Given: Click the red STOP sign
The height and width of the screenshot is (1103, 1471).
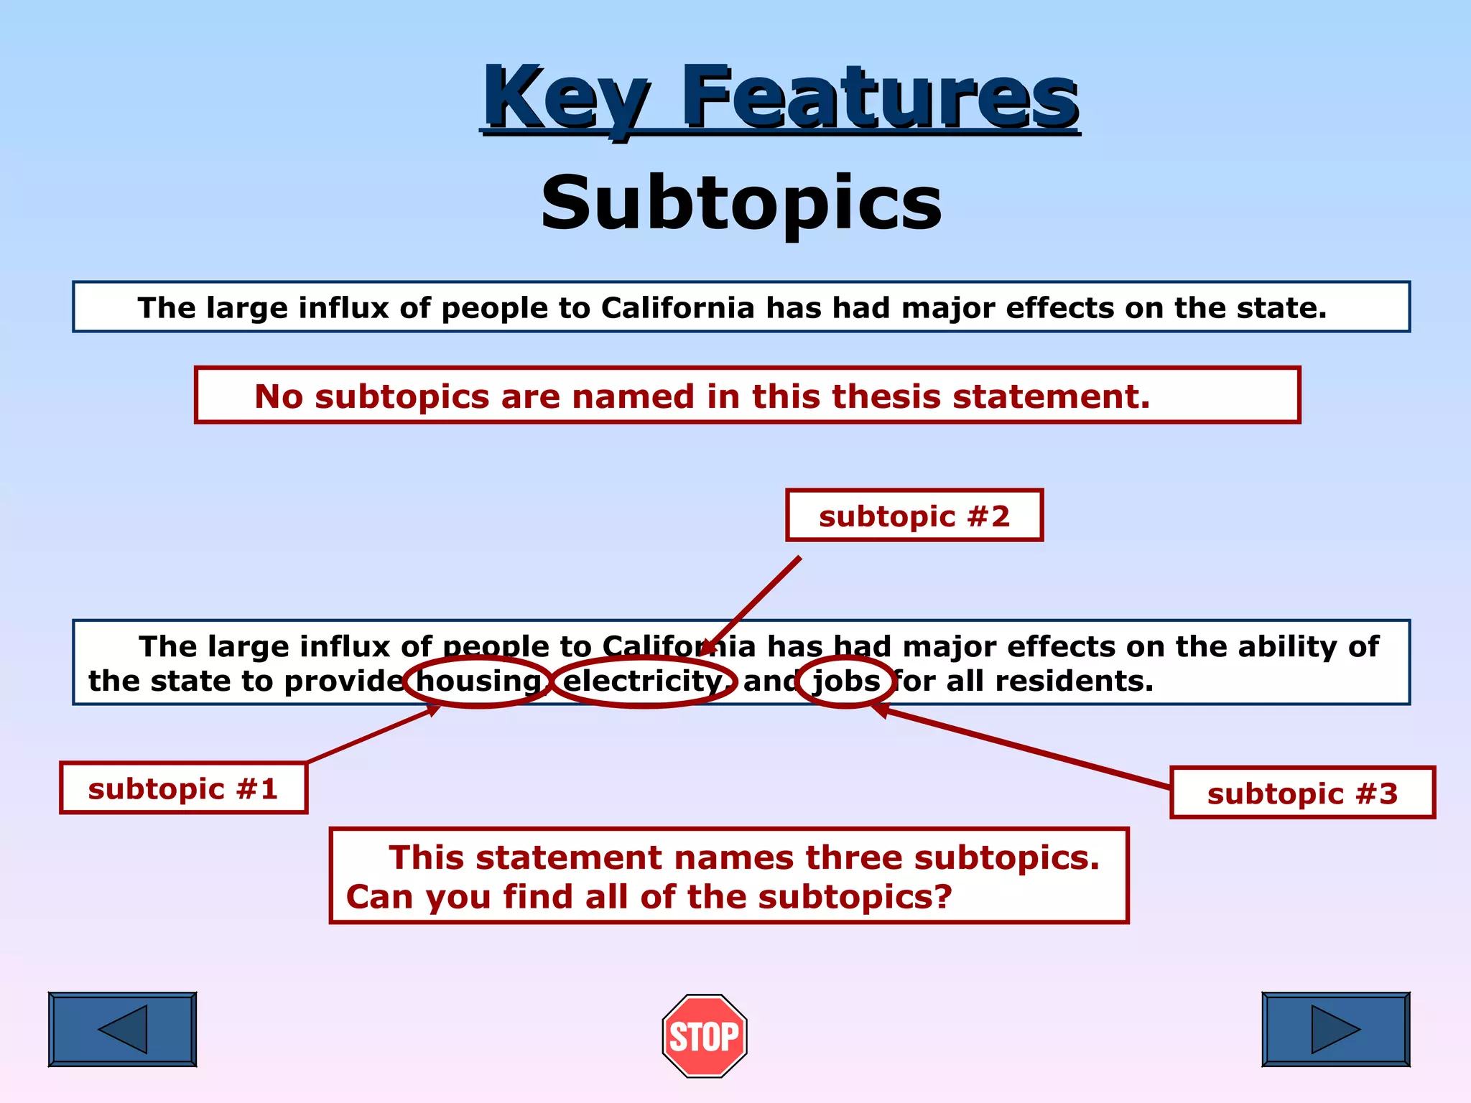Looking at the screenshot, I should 704,1035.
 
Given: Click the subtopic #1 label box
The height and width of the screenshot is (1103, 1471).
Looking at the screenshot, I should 183,788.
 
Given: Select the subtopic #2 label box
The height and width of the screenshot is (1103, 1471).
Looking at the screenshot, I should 914,516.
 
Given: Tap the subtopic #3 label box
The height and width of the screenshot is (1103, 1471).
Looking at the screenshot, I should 1301,793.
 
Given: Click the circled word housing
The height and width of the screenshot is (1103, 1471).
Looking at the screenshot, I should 478,681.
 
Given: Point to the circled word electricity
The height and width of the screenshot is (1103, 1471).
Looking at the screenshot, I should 644,681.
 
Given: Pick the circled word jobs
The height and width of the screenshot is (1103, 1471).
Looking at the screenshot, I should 845,681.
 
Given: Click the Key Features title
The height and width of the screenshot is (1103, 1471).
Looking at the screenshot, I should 780,96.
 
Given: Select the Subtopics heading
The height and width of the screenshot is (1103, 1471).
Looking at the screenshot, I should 741,203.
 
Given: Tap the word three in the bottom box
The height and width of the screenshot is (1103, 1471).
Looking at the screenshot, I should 855,857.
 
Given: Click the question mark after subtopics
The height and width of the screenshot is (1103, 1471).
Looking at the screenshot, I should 943,896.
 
